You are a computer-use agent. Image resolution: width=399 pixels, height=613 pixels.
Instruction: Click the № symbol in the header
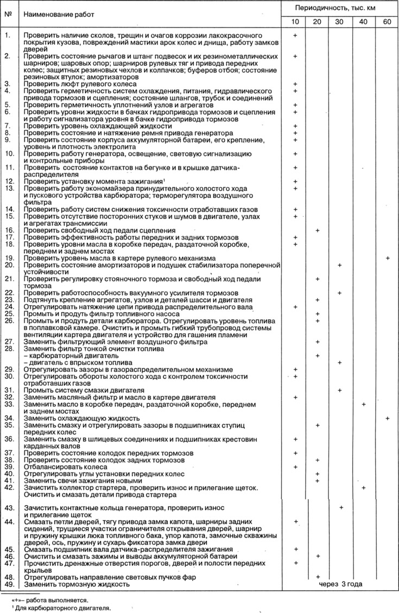pyautogui.click(x=8, y=14)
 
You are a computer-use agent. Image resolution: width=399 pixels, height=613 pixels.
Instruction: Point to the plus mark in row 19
pyautogui.click(x=388, y=259)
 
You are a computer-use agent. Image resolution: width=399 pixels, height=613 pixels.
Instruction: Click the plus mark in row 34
pyautogui.click(x=388, y=418)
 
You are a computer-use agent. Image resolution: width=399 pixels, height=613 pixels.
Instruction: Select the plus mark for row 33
pyautogui.click(x=363, y=404)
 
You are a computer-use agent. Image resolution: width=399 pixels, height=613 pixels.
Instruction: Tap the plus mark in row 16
pyautogui.click(x=318, y=230)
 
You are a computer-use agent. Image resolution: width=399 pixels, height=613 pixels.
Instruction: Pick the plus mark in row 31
pyautogui.click(x=340, y=390)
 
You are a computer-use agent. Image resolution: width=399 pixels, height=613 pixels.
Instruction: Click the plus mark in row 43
pyautogui.click(x=341, y=507)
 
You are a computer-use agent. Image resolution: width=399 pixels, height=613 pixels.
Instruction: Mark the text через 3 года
pyautogui.click(x=340, y=584)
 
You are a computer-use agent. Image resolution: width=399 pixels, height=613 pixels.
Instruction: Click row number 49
pyautogui.click(x=9, y=585)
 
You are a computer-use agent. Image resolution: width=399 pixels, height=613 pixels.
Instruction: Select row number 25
pyautogui.click(x=9, y=314)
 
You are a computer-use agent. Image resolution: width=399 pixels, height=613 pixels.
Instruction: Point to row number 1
pyautogui.click(x=7, y=35)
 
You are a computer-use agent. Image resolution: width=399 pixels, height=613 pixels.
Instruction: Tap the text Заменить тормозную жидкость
pyautogui.click(x=77, y=585)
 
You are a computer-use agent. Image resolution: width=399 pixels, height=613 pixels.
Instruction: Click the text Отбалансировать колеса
pyautogui.click(x=60, y=466)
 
